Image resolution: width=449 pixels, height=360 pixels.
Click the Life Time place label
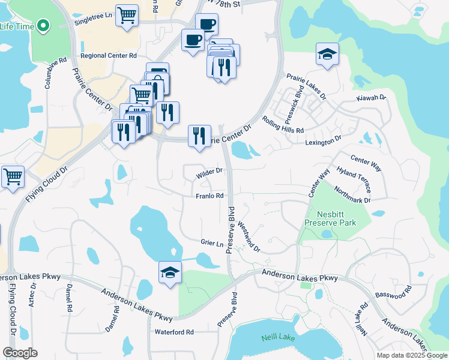coord(16,26)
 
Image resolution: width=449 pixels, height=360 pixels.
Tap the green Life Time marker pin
coord(43,25)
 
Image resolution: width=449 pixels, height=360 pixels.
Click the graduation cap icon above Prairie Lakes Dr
coord(327,54)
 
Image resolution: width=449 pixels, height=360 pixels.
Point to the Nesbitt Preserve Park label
coord(330,218)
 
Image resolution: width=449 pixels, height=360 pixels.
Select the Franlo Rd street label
coord(209,196)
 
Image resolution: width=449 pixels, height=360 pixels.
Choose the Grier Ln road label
coord(212,243)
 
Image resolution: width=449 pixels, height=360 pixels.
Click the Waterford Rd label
coord(174,332)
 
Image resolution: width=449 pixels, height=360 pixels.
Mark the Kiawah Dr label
coord(371,97)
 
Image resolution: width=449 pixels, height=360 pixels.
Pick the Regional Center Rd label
coord(109,55)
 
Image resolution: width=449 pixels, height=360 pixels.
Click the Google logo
coord(20,353)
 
